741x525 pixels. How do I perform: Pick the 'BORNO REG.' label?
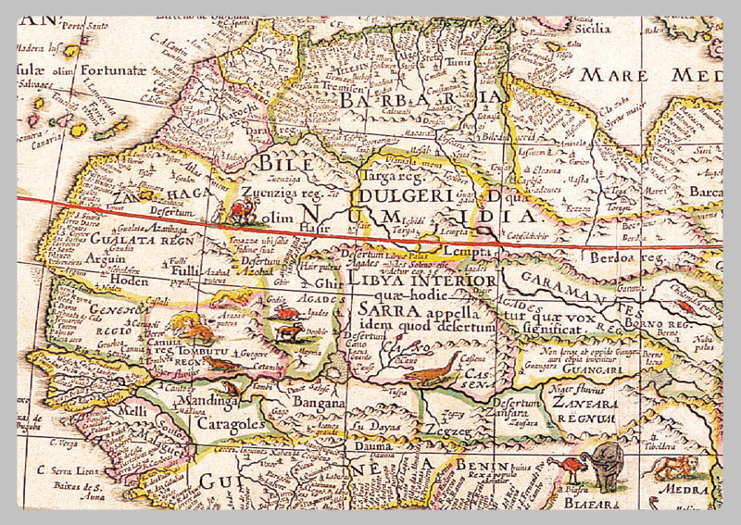pos(659,326)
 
